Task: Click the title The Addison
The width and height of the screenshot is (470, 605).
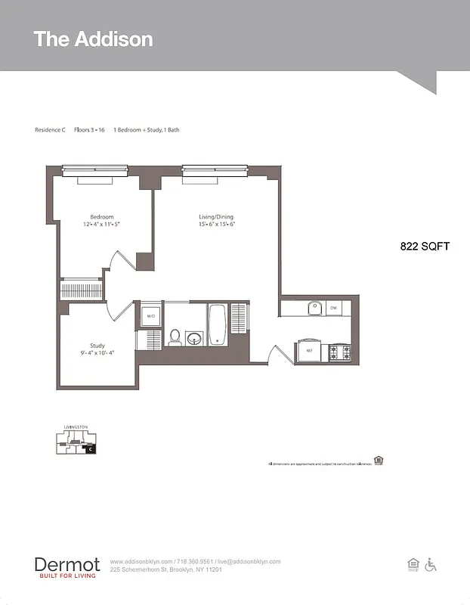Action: (93, 39)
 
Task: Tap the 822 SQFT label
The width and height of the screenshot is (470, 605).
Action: (425, 247)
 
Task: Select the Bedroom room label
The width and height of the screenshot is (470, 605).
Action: (102, 217)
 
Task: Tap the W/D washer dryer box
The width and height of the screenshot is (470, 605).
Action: (150, 316)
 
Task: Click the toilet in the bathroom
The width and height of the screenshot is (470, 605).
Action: (175, 337)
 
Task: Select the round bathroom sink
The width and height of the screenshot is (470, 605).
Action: (195, 337)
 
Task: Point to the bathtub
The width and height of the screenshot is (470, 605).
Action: (217, 324)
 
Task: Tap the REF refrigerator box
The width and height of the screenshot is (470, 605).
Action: (309, 351)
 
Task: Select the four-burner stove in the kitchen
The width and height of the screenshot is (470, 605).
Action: (339, 352)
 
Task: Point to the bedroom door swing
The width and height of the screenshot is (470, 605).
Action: (121, 262)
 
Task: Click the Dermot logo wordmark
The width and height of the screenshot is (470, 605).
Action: (66, 564)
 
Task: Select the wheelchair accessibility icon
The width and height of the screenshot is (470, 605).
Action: (431, 565)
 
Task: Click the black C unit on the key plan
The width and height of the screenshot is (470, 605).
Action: (90, 449)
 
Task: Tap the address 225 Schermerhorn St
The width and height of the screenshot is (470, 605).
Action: (165, 569)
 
